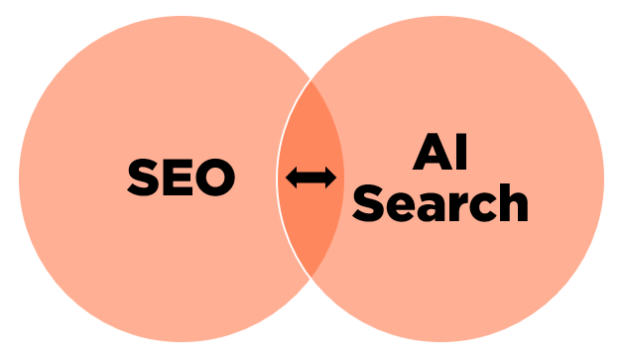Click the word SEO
coord(181,179)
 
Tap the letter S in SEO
coord(143,179)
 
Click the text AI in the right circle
coord(439,154)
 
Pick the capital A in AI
coord(430,154)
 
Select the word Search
coord(440,202)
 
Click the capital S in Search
coord(369,202)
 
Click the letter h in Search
coord(512,202)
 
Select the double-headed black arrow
coord(312,179)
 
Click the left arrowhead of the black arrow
coord(292,179)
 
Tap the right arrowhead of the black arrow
coord(331,179)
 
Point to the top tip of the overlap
coord(312,83)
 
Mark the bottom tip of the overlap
coord(312,275)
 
